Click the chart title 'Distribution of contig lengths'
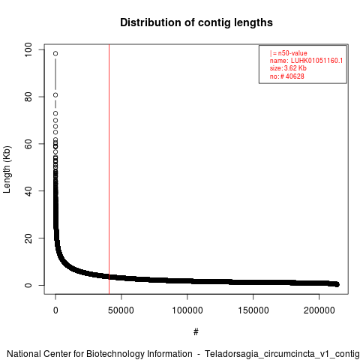click(x=196, y=22)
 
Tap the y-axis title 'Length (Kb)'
click(x=7, y=169)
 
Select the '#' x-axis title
click(x=196, y=332)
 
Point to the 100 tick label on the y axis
click(x=28, y=49)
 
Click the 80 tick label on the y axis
click(x=28, y=97)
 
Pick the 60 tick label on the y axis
click(x=28, y=144)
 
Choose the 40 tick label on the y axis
click(x=28, y=191)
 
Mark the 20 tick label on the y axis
click(x=28, y=238)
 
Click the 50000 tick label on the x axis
click(x=121, y=310)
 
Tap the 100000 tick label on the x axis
click(x=187, y=310)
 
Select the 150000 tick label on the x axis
click(x=253, y=310)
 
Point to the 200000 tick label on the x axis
click(x=319, y=310)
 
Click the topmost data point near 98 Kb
click(x=55, y=53)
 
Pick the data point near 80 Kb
click(x=55, y=95)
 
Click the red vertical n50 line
click(x=109, y=169)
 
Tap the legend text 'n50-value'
click(x=292, y=53)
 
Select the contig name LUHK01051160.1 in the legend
click(x=316, y=61)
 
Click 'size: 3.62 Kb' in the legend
click(x=288, y=68)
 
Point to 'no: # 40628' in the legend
click(x=287, y=76)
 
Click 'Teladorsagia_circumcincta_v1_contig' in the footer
click(x=282, y=354)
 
